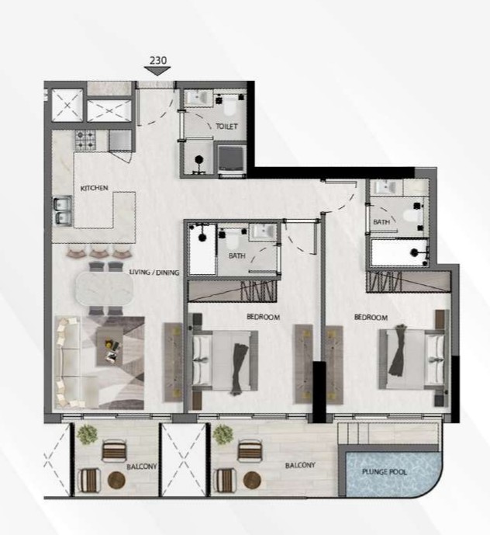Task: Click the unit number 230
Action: (157, 58)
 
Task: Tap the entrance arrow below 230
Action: (157, 71)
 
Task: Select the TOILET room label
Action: (226, 127)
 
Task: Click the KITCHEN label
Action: (94, 188)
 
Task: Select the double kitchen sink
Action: (61, 210)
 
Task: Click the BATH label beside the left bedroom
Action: (236, 255)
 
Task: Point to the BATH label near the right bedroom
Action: (381, 222)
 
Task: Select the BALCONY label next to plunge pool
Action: (299, 465)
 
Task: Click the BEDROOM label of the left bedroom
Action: (263, 318)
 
